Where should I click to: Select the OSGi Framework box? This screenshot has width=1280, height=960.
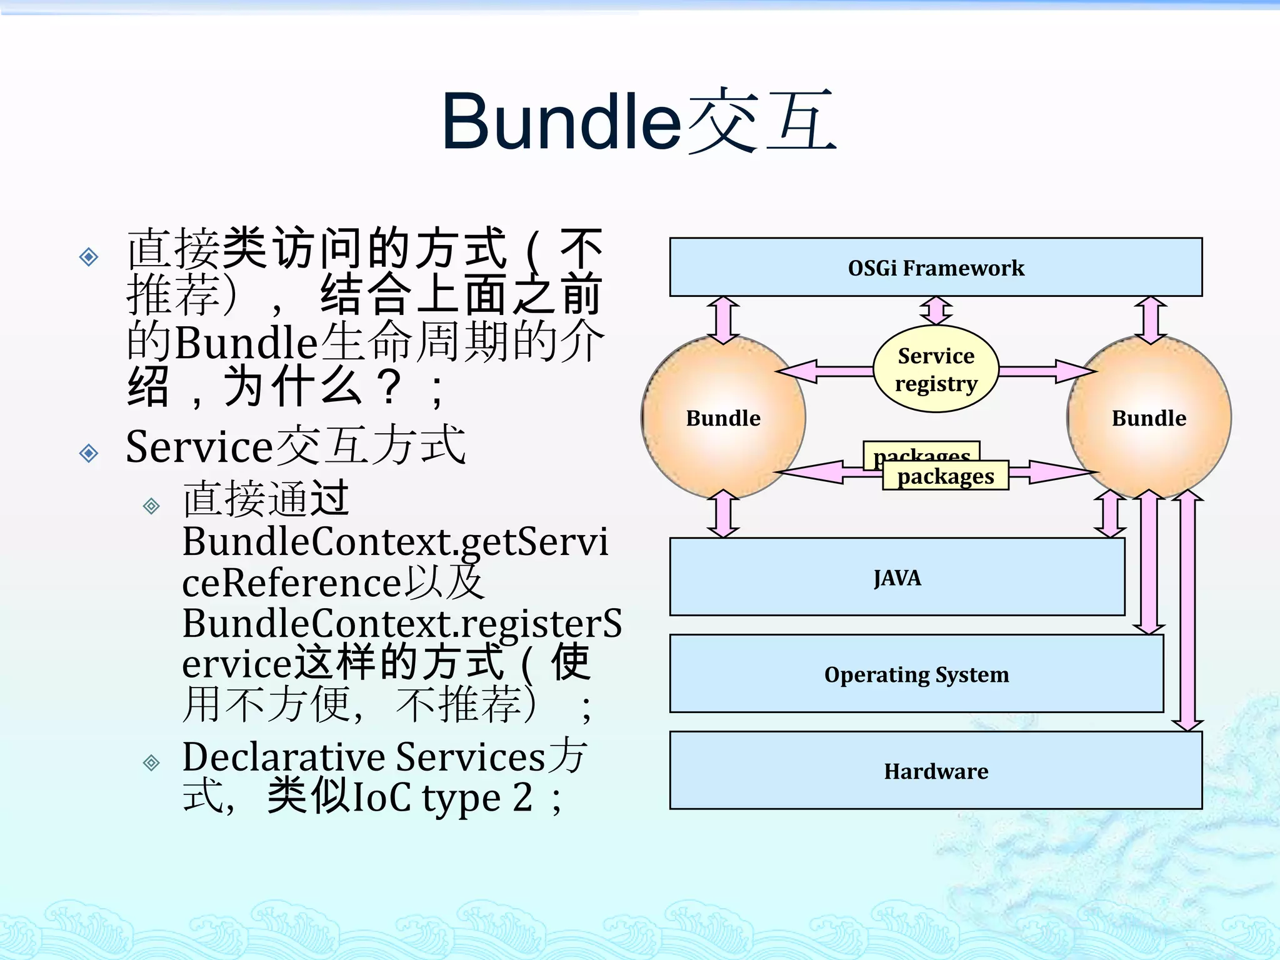click(x=936, y=267)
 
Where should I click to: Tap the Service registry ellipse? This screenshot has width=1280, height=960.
click(x=936, y=369)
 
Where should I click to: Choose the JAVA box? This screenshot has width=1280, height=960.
click(x=897, y=577)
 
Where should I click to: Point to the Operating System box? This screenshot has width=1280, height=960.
click(x=916, y=674)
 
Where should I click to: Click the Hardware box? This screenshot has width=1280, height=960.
click(x=936, y=771)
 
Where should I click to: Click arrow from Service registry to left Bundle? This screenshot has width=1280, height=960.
click(x=825, y=371)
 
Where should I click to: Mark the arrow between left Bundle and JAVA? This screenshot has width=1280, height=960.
click(x=723, y=514)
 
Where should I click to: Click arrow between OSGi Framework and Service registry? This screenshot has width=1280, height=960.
click(x=936, y=311)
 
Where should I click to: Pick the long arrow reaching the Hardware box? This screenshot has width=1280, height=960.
click(x=1187, y=612)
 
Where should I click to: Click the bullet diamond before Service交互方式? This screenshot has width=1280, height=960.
click(x=89, y=452)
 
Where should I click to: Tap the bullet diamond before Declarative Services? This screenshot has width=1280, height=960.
click(x=151, y=762)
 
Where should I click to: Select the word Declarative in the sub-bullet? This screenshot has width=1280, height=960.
click(x=283, y=757)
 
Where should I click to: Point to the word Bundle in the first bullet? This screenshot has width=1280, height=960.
click(x=246, y=342)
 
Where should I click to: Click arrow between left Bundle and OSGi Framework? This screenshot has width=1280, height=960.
click(x=723, y=320)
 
